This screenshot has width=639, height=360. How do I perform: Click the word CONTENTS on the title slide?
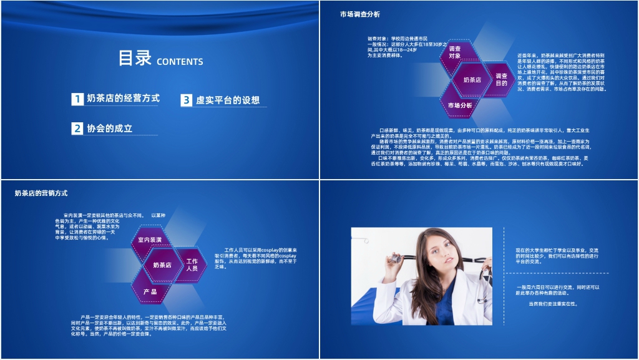[180, 62]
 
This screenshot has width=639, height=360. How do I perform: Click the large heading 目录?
[135, 59]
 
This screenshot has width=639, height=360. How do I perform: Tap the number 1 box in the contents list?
[77, 99]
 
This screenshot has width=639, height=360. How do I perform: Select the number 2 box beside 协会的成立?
[77, 129]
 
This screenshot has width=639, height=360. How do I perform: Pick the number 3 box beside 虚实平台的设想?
[187, 100]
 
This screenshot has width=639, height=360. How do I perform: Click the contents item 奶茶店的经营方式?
[123, 98]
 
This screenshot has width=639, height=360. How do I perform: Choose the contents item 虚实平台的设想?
[227, 100]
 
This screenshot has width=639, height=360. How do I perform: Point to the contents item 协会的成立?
[110, 128]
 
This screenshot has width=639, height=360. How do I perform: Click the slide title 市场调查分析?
[359, 14]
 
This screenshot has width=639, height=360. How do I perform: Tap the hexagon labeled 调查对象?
[455, 52]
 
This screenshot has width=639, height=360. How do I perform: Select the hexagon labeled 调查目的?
[500, 79]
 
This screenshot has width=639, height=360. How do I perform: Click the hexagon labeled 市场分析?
[460, 105]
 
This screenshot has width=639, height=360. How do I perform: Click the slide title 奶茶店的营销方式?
[41, 193]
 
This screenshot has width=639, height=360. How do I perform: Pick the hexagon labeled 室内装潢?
[150, 240]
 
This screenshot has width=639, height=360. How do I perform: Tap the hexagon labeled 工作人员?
[192, 265]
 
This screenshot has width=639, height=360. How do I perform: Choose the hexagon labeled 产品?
[150, 291]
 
